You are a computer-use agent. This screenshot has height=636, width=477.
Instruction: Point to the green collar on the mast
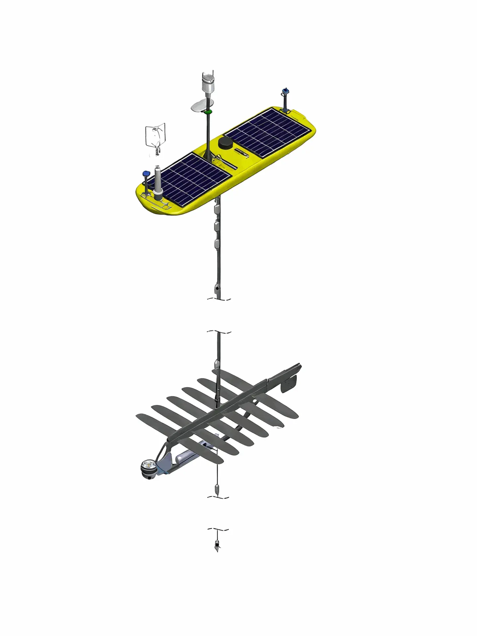208,112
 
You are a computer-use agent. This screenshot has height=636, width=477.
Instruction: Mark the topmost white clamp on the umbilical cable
217,208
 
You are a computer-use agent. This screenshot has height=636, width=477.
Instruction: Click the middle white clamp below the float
217,227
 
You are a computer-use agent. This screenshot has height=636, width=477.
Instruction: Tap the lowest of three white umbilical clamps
217,244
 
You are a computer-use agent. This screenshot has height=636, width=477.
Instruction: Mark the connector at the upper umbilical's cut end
217,289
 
